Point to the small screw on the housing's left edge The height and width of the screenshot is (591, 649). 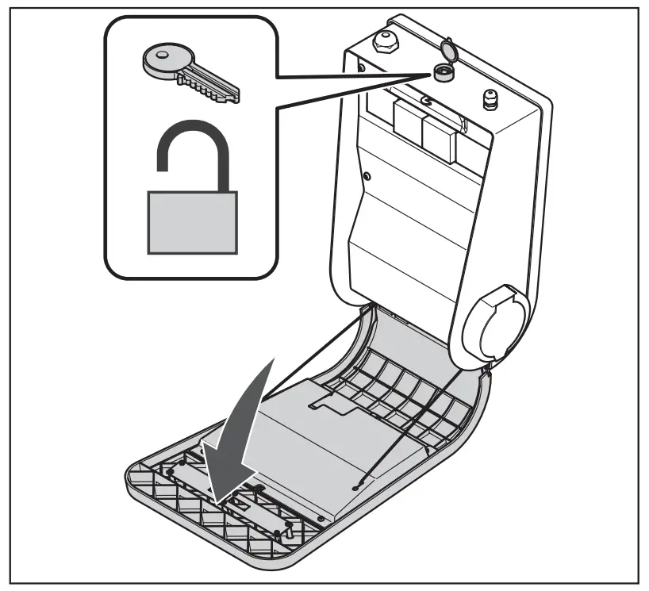(x=366, y=175)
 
